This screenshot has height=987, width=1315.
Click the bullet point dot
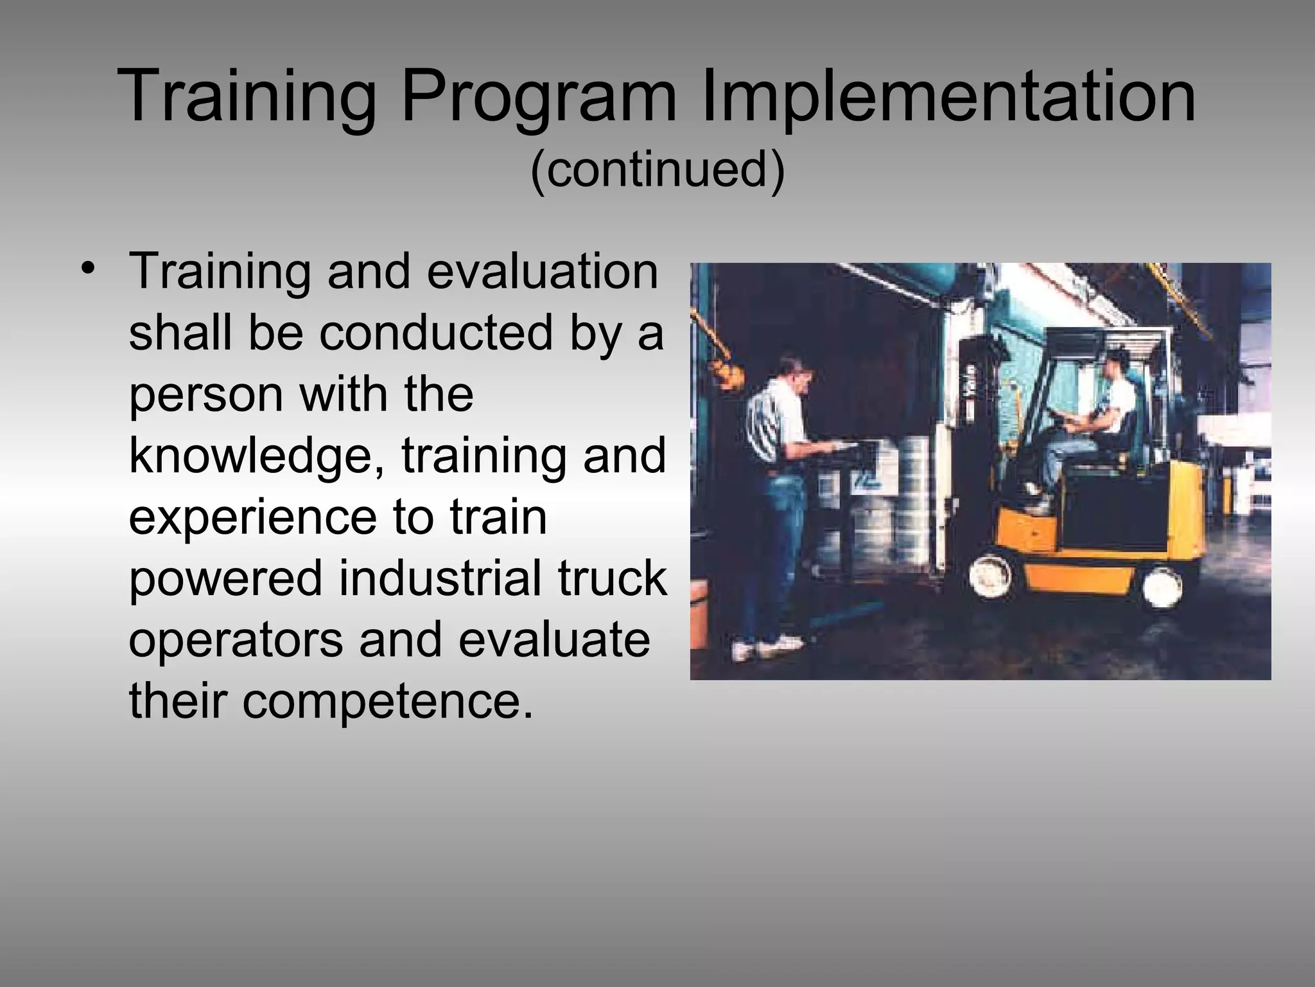pos(89,269)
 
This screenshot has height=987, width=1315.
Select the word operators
pos(236,640)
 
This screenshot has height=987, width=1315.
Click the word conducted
pos(437,333)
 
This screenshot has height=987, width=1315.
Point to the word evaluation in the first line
pos(543,271)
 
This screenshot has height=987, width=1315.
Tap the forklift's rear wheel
pos(1162,585)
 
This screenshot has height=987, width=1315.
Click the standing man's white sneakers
pos(771,646)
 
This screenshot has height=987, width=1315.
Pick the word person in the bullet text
pos(205,394)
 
